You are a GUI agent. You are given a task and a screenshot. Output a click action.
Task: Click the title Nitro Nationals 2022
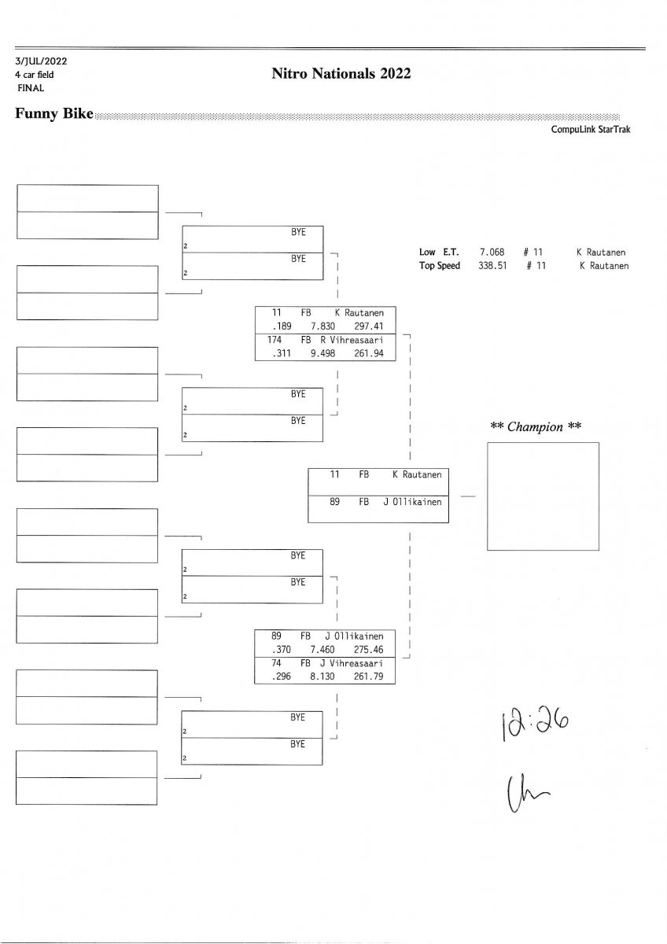pyautogui.click(x=341, y=74)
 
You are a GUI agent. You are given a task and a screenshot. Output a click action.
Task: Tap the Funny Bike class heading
pyautogui.click(x=53, y=114)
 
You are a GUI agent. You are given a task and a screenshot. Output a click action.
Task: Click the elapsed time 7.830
pyautogui.click(x=323, y=326)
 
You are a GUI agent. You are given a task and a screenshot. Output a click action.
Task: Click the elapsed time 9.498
pyautogui.click(x=323, y=353)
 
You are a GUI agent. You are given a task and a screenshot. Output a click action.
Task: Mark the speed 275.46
pyautogui.click(x=368, y=649)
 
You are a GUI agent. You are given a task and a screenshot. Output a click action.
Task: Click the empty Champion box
pyautogui.click(x=543, y=496)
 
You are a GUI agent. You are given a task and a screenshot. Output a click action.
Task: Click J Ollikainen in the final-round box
pyautogui.click(x=412, y=501)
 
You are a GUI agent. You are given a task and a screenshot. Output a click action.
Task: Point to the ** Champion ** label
pyautogui.click(x=535, y=427)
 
